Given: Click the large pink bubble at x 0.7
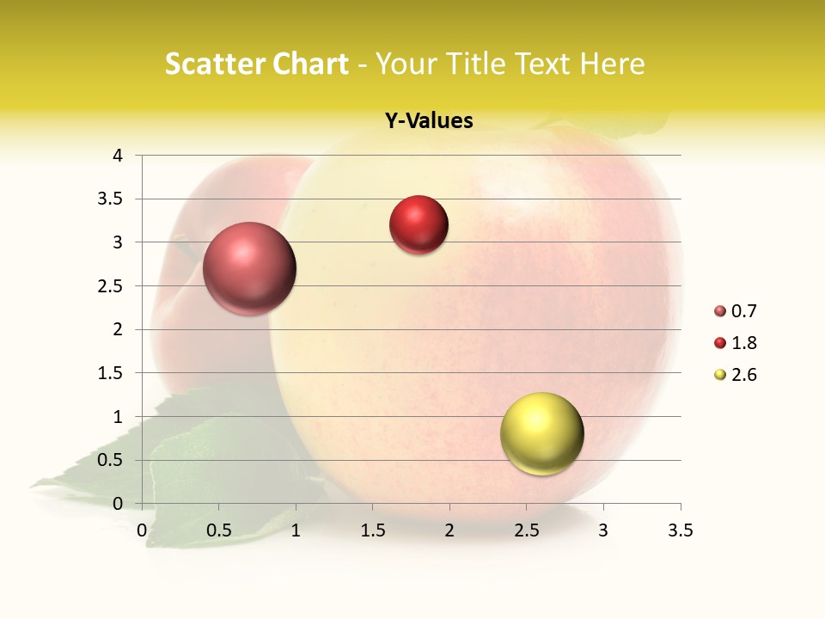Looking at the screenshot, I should click(x=250, y=268).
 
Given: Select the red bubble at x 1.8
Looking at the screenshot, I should click(x=419, y=225).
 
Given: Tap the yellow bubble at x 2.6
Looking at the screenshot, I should click(x=541, y=433).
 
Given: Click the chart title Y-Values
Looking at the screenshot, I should click(x=429, y=121).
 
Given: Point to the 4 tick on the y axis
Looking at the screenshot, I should click(x=118, y=156).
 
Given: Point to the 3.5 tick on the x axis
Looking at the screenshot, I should click(x=680, y=530).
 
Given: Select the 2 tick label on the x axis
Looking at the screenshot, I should click(x=449, y=530).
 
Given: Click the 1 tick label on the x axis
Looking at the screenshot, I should click(x=296, y=530).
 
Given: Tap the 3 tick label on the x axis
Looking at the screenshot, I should click(x=603, y=530).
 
